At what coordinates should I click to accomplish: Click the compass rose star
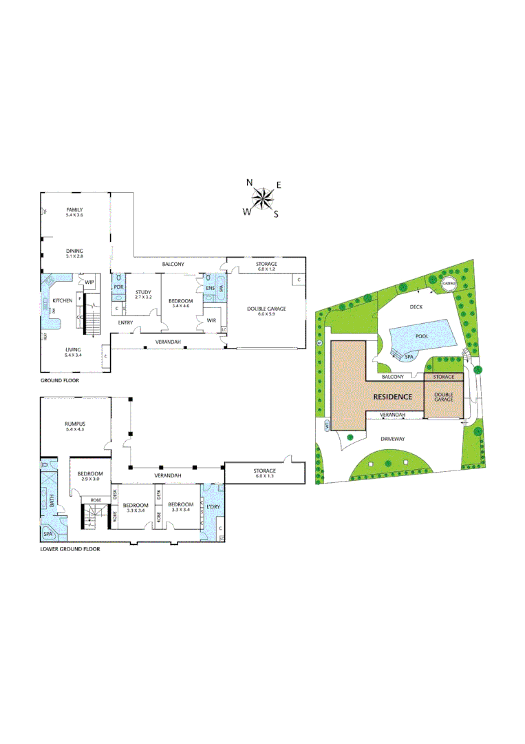coord(262,199)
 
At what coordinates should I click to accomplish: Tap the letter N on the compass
coord(250,183)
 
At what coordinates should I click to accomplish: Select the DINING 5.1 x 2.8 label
coord(74,254)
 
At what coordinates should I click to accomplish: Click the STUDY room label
coord(143,293)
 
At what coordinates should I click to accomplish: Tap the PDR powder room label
coord(118,287)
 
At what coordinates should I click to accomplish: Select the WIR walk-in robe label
coord(211,320)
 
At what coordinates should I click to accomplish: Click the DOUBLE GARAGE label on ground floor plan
coord(266,309)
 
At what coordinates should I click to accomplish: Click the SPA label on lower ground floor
coord(47,534)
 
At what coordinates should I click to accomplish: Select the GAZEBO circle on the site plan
coord(449,284)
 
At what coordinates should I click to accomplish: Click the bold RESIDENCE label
coord(393,397)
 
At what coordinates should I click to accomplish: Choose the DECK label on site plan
coord(416,307)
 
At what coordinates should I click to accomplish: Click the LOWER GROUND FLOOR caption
coord(69,550)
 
